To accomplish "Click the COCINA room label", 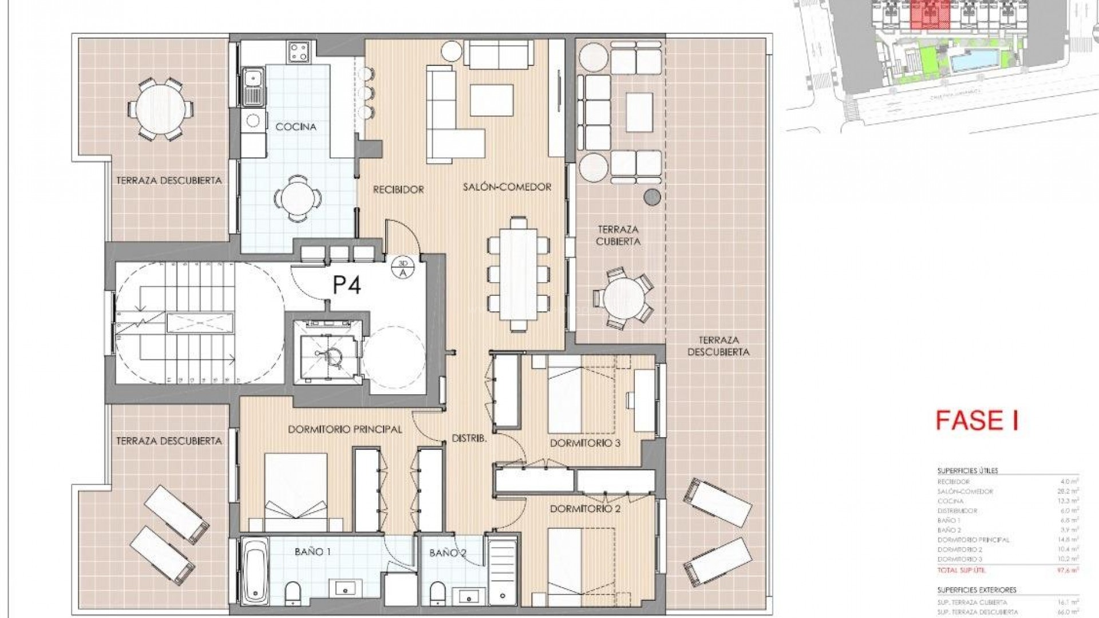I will point(295,126).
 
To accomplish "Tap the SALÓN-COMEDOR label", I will point(507,187).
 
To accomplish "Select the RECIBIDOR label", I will point(398,189).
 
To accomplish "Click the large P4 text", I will point(347,284).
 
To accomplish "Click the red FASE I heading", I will point(977,421).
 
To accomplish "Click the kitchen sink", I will point(252,86).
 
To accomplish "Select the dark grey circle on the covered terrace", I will point(652,197).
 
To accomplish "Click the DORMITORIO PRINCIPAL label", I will point(345,429).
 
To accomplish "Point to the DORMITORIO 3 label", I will point(585,443).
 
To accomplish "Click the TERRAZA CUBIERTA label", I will point(618,235).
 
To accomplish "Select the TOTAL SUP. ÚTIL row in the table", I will point(1007,570).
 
